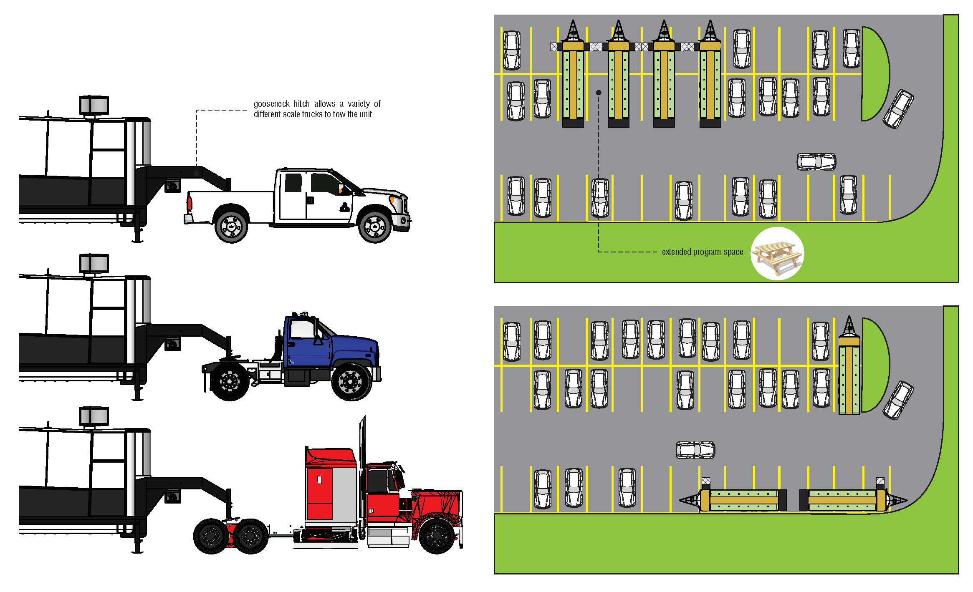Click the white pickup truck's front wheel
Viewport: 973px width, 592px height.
[374, 227]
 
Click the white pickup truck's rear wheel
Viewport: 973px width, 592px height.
[231, 227]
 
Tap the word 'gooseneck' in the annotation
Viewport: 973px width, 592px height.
[271, 104]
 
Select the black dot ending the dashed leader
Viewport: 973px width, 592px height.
[599, 93]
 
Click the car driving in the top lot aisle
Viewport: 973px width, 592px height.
[816, 162]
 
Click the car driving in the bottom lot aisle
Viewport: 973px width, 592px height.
[695, 450]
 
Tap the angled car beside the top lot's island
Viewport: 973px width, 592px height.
[898, 109]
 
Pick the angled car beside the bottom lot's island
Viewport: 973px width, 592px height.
[898, 400]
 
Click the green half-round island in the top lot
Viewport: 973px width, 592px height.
[874, 74]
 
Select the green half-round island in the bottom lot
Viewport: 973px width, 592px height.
[874, 365]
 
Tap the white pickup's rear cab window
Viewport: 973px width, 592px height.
[293, 183]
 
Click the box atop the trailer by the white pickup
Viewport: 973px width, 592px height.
[94, 105]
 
